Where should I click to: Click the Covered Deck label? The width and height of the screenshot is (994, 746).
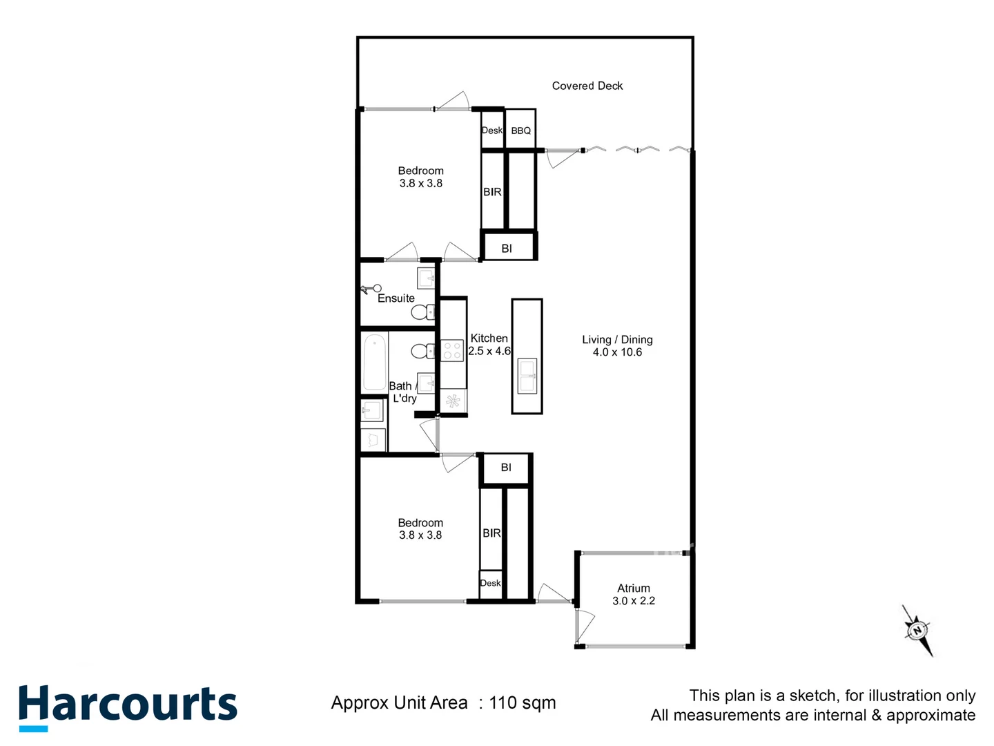pos(587,86)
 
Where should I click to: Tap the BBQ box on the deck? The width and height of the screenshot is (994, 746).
pos(520,130)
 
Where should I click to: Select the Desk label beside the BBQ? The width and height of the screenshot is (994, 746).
pos(492,130)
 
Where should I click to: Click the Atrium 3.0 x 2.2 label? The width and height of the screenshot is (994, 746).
pos(633,595)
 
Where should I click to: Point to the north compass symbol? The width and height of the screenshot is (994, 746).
pos(917,630)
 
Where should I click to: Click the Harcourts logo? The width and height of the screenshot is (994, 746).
pos(128,706)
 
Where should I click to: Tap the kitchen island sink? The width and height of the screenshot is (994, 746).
pos(527,376)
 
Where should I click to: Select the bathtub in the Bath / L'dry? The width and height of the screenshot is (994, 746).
pos(375,362)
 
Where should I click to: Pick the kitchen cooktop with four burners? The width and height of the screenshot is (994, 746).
pos(452,350)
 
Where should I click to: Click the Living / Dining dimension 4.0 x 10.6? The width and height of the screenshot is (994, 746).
pos(617,352)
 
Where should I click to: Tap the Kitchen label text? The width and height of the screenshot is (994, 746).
pos(489,338)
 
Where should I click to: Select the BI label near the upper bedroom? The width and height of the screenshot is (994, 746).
pos(507,249)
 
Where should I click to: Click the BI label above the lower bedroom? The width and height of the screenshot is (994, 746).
pos(506,468)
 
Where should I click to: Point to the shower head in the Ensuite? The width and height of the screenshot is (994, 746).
pos(373,289)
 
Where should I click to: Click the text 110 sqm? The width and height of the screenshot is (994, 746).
pos(522,703)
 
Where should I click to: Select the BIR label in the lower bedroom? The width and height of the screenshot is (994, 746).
pos(491,533)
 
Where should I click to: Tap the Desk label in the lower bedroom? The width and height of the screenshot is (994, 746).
pos(490,583)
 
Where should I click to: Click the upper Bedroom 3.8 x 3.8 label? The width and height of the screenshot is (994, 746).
pos(420,177)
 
